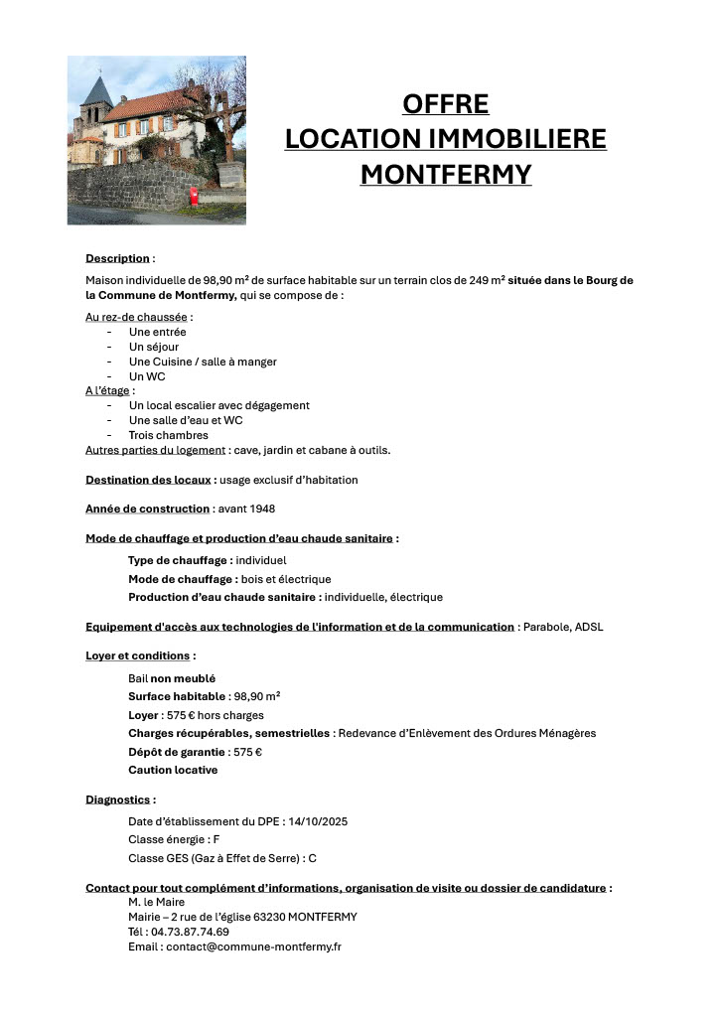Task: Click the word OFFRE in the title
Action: pos(445,104)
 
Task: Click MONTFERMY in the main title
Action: pos(445,175)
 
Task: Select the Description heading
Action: pos(117,258)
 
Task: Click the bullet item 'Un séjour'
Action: pos(154,347)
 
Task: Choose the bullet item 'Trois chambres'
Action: pos(168,435)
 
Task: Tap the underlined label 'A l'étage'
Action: pos(107,390)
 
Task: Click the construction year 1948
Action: pos(261,508)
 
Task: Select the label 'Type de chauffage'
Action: pos(180,560)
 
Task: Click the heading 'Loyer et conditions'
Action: pos(137,655)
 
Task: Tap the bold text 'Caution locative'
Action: pos(173,770)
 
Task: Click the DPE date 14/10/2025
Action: pos(316,821)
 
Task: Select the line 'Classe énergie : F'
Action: pos(174,839)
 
